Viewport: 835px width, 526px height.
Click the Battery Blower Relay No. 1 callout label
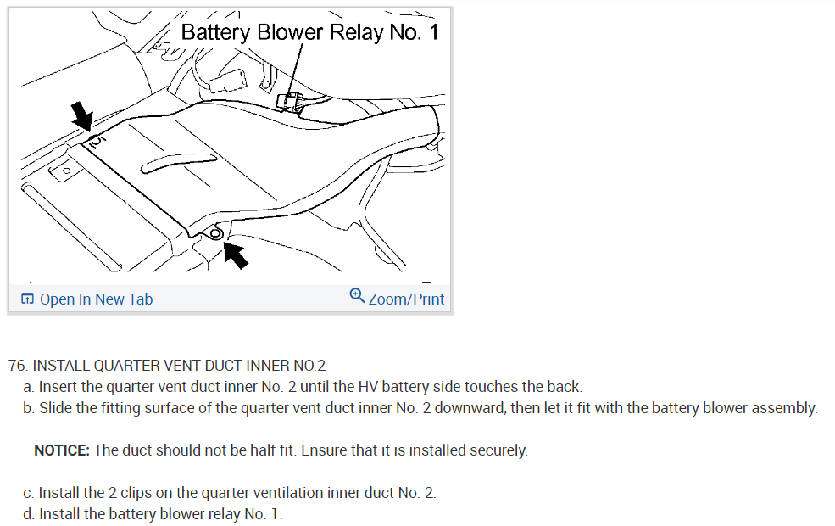(309, 32)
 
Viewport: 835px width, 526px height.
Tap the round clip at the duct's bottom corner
(215, 233)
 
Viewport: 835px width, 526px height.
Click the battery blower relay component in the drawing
(290, 102)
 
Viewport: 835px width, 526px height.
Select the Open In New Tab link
(96, 299)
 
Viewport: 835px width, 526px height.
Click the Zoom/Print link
(406, 299)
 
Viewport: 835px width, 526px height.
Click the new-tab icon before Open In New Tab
(28, 299)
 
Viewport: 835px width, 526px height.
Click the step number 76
(18, 366)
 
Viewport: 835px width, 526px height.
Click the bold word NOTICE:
(62, 450)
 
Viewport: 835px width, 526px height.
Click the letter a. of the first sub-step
(30, 387)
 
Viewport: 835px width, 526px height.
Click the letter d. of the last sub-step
(30, 514)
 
